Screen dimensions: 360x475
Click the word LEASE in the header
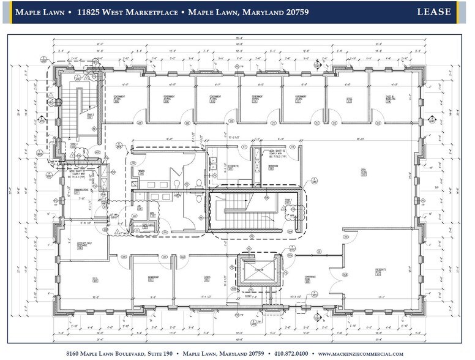pyautogui.click(x=434, y=12)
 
